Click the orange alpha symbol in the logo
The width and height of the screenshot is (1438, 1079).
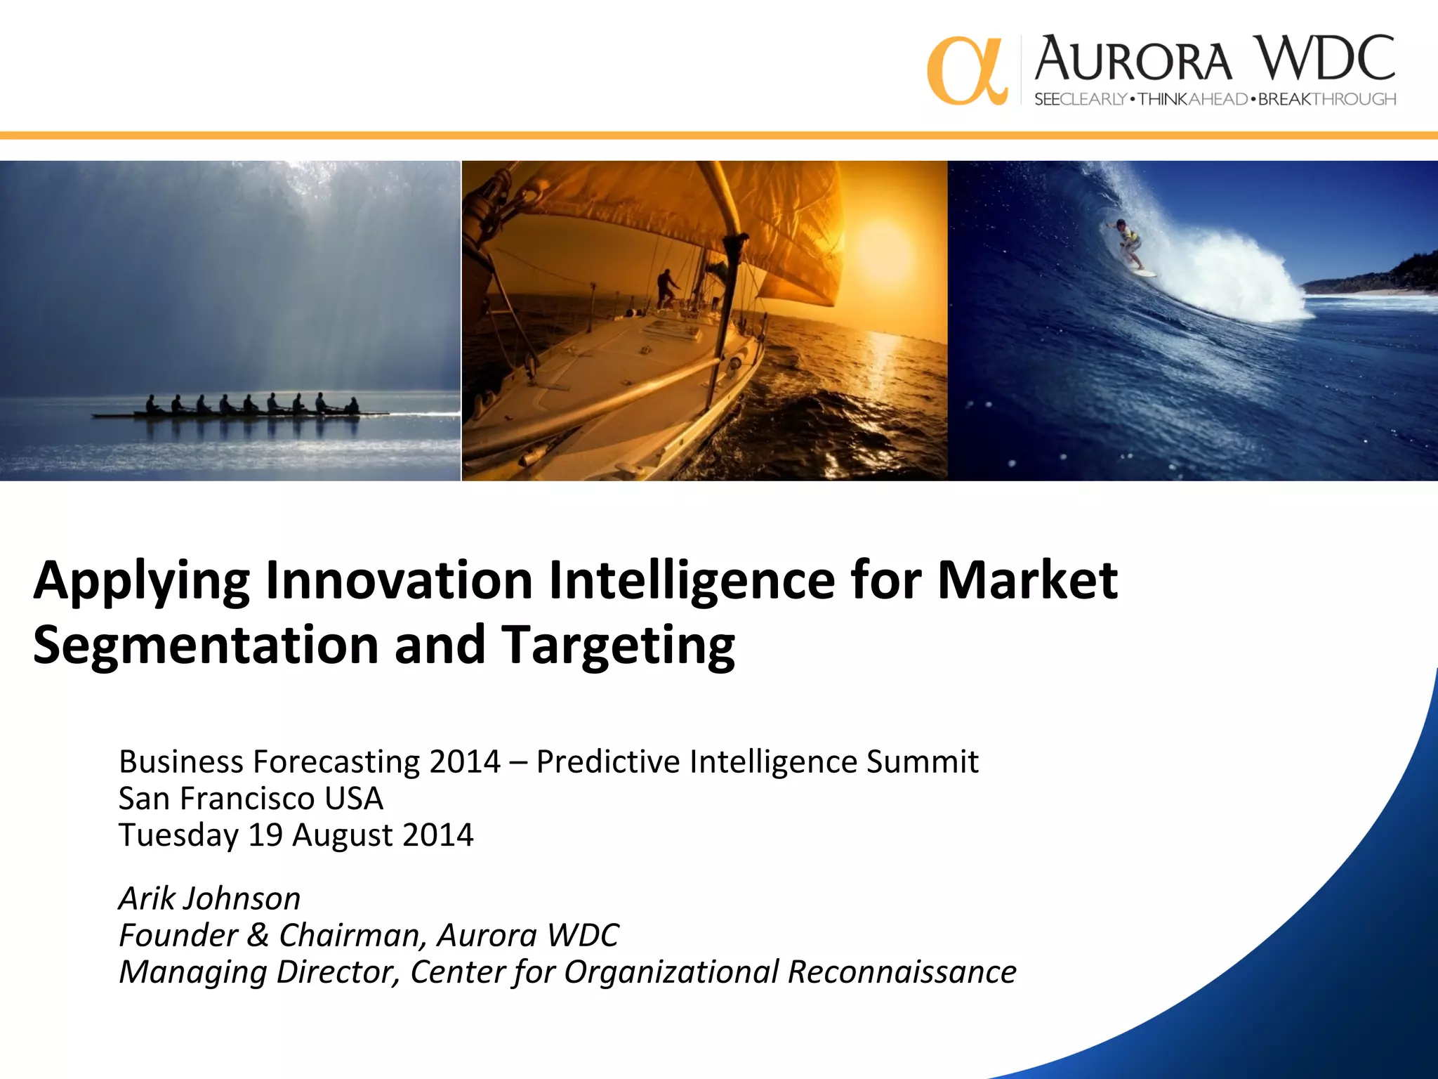[966, 71]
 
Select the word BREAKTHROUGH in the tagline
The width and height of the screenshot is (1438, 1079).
[1326, 100]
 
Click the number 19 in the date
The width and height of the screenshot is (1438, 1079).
[265, 835]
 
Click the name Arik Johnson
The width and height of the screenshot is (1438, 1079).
[209, 899]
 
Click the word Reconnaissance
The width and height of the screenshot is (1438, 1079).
[902, 972]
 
